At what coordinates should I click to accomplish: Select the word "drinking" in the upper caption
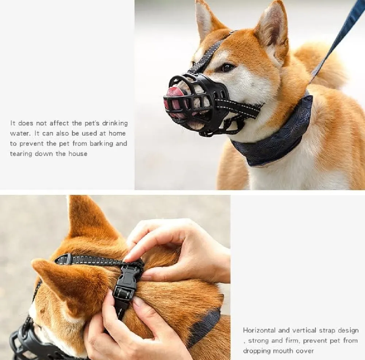[x=115, y=123]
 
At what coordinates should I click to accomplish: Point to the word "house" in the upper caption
[x=78, y=154]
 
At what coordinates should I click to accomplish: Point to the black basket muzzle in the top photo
[x=198, y=103]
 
